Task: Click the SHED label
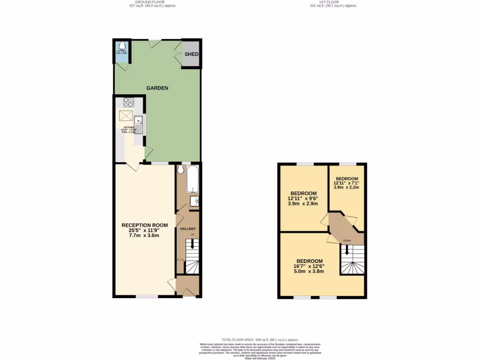pyautogui.click(x=191, y=54)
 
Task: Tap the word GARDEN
pyautogui.click(x=157, y=88)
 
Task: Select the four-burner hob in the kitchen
pyautogui.click(x=129, y=102)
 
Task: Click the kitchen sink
pyautogui.click(x=139, y=123)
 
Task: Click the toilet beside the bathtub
pyautogui.click(x=181, y=171)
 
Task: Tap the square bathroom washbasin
pyautogui.click(x=195, y=201)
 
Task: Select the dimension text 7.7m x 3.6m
pyautogui.click(x=144, y=235)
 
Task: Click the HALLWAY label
pyautogui.click(x=188, y=229)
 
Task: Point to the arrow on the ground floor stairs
pyautogui.click(x=191, y=245)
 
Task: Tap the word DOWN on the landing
pyautogui.click(x=346, y=241)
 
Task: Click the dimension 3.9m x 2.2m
pyautogui.click(x=347, y=187)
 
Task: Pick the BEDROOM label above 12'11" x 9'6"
pyautogui.click(x=303, y=193)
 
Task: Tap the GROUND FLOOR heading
pyautogui.click(x=153, y=2)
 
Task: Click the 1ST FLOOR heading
pyautogui.click(x=333, y=2)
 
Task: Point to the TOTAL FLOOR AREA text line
pyautogui.click(x=260, y=339)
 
